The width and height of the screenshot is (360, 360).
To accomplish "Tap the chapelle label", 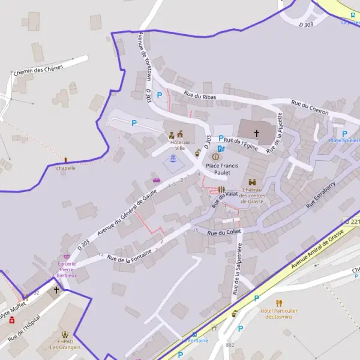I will [x=66, y=169].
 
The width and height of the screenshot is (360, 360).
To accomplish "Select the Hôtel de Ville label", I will [x=179, y=145].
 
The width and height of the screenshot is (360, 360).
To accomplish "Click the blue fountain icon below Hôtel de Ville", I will [x=173, y=159].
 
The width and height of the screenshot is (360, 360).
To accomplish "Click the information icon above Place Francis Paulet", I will [x=216, y=157].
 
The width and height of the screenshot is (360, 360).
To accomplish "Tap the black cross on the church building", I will [x=257, y=133].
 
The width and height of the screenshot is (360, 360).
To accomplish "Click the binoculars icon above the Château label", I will [x=252, y=182].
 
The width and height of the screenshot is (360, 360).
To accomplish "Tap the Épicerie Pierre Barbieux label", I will [x=67, y=270].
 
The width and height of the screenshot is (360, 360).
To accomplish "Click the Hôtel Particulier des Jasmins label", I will [x=278, y=313].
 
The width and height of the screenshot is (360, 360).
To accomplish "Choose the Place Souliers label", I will [x=344, y=140].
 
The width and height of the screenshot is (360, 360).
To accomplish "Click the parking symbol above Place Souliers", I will [x=344, y=133].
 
